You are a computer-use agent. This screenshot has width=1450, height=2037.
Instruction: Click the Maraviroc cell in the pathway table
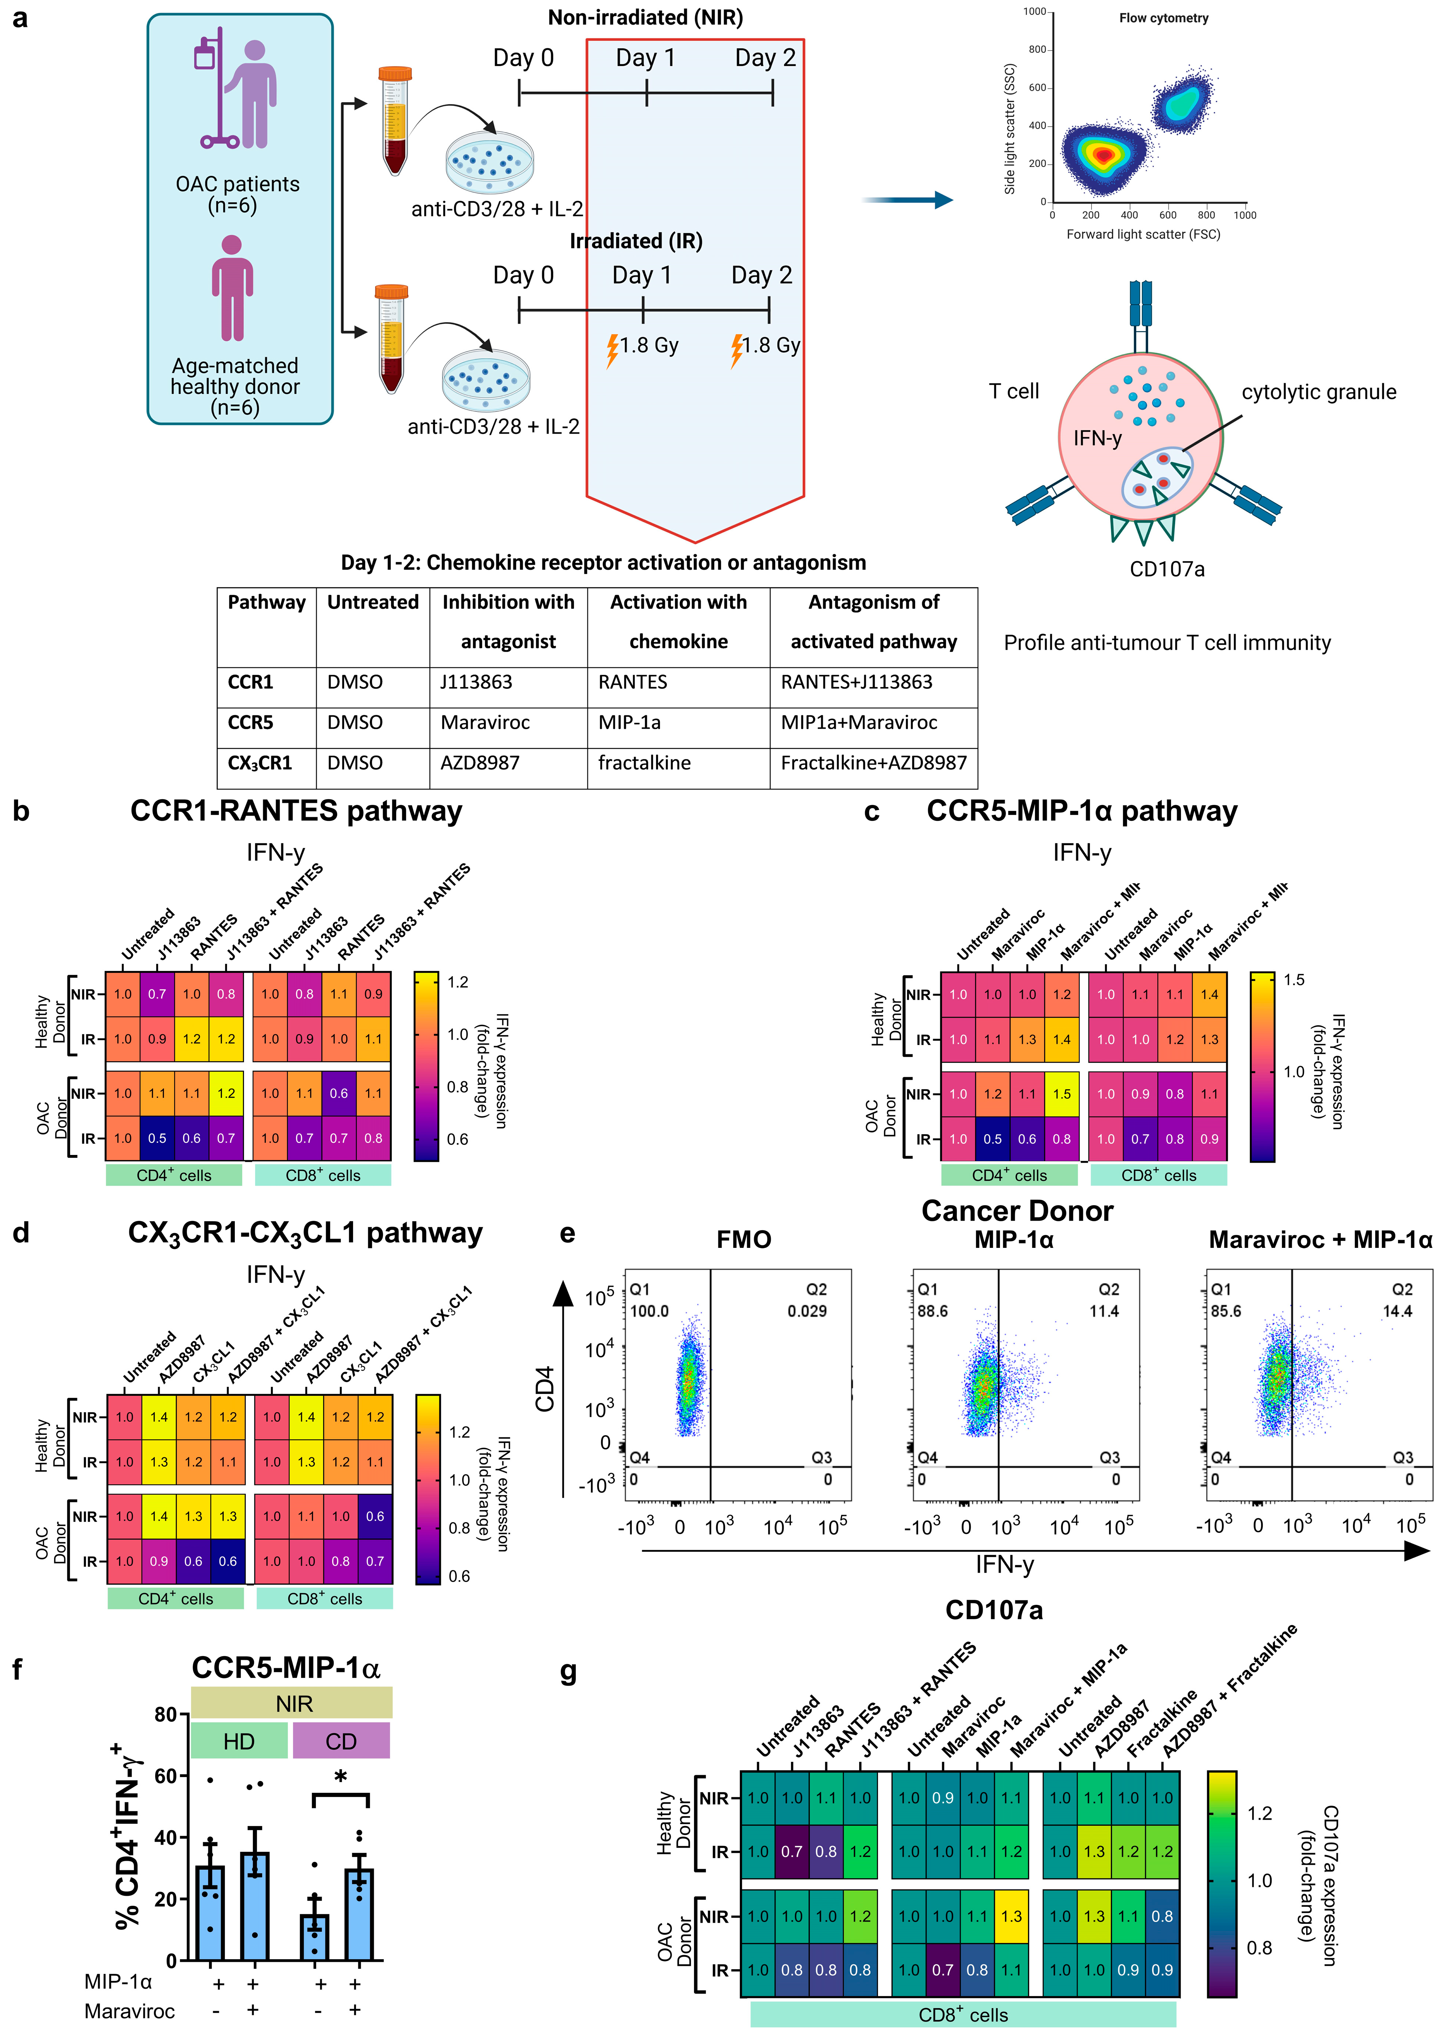click(x=485, y=722)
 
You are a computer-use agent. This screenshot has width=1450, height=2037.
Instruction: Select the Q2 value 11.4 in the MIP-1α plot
click(x=1104, y=1311)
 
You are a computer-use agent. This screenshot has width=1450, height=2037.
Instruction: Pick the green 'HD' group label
click(x=238, y=1741)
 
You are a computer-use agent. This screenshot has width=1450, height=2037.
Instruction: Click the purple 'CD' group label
click(x=341, y=1741)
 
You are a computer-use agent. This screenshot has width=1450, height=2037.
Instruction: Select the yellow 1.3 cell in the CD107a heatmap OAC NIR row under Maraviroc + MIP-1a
click(x=1011, y=1916)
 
